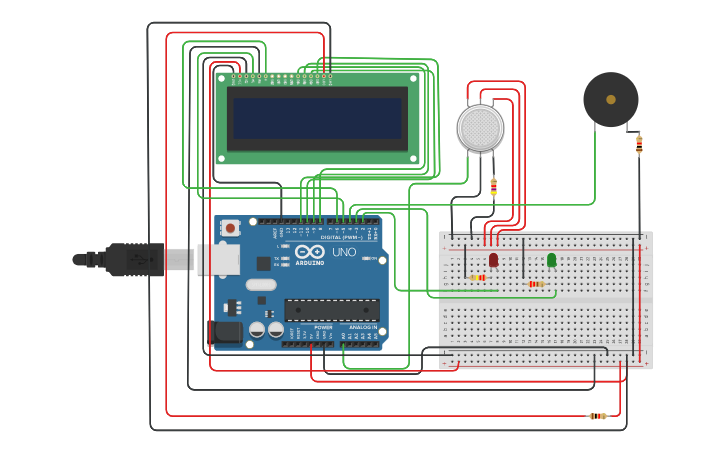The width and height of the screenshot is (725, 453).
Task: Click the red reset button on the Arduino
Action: tap(230, 228)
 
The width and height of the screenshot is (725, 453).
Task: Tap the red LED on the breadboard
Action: tap(493, 259)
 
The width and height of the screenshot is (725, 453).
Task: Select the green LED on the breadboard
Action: tap(551, 259)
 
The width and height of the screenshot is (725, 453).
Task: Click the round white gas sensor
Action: tap(480, 128)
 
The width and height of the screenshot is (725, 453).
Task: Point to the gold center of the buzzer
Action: tap(610, 99)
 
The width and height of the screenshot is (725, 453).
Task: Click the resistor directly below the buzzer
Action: tap(639, 144)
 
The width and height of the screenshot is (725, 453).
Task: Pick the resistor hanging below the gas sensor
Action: tap(493, 186)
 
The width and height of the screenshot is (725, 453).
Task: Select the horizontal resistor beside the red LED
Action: tap(479, 277)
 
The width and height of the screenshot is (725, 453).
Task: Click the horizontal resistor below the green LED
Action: tap(536, 284)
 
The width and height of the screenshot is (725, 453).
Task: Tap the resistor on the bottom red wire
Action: tap(597, 416)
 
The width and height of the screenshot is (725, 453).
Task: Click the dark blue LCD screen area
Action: tap(316, 118)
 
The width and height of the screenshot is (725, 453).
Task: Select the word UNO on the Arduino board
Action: tap(343, 253)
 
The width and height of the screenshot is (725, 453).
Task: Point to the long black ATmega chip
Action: tap(331, 310)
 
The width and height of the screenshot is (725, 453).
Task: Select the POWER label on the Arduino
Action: tap(323, 327)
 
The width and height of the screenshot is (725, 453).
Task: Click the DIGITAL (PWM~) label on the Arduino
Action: tap(341, 237)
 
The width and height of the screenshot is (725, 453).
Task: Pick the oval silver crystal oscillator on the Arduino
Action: tap(260, 285)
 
